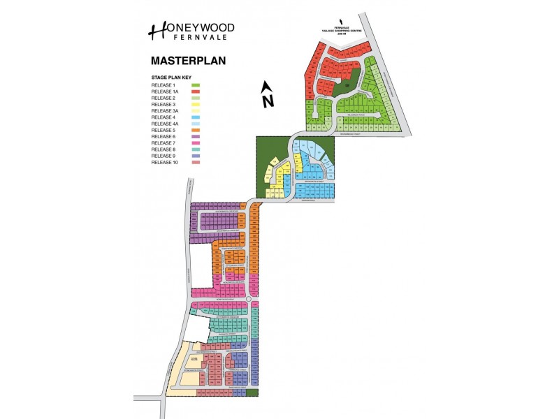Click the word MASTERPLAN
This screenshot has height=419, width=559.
click(x=188, y=61)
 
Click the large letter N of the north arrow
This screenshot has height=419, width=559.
click(x=267, y=101)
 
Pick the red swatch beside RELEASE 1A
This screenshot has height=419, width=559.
click(x=196, y=91)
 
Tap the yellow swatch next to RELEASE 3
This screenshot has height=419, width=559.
click(x=196, y=104)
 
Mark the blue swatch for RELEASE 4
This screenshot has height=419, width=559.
click(x=196, y=117)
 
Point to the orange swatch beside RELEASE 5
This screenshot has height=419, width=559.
click(x=196, y=130)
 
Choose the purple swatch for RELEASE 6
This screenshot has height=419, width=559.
click(x=196, y=137)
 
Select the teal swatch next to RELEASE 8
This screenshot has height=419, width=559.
click(x=196, y=149)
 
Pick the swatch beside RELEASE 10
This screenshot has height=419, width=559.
click(x=196, y=163)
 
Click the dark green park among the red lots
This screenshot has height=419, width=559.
click(x=346, y=82)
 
